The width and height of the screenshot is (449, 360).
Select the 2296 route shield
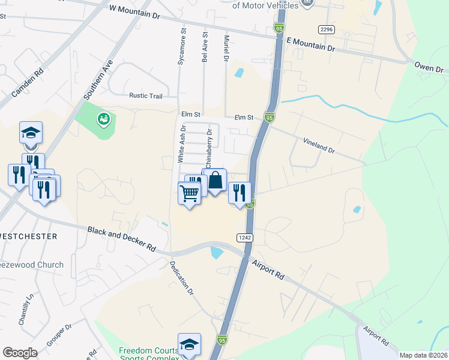tap(326, 29)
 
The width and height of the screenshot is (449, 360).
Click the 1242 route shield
tap(244, 238)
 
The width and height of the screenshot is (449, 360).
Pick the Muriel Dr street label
tap(227, 49)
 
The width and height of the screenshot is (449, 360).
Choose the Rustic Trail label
tap(146, 95)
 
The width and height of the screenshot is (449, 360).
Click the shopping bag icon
tap(215, 179)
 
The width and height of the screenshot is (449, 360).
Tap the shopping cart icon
tap(190, 193)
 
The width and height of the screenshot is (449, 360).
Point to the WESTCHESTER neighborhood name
tap(29, 236)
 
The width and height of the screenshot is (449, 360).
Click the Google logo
tap(20, 353)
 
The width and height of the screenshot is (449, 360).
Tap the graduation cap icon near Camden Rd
tap(31, 133)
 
